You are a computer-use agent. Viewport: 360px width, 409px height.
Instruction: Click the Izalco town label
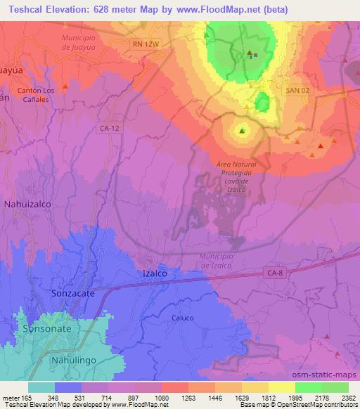pyautogui.click(x=155, y=273)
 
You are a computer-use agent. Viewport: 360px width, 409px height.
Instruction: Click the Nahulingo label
pyautogui.click(x=73, y=360)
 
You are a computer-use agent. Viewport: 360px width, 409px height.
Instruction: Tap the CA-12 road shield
pyautogui.click(x=110, y=128)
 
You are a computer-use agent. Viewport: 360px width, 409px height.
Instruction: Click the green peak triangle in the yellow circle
pyautogui.click(x=243, y=131)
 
